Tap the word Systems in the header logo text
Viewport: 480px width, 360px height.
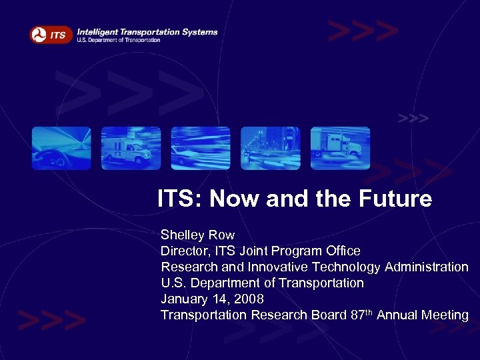coord(199,31)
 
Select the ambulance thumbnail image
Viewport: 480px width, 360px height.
coord(131,148)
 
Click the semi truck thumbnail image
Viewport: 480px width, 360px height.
coord(340,148)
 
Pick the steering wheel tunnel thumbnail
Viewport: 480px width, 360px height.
coord(61,148)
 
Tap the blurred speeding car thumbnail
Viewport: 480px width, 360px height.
coord(201,148)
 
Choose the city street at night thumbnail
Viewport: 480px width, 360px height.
coord(270,148)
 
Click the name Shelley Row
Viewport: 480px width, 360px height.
coord(197,235)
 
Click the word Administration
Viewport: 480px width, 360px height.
coord(426,267)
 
